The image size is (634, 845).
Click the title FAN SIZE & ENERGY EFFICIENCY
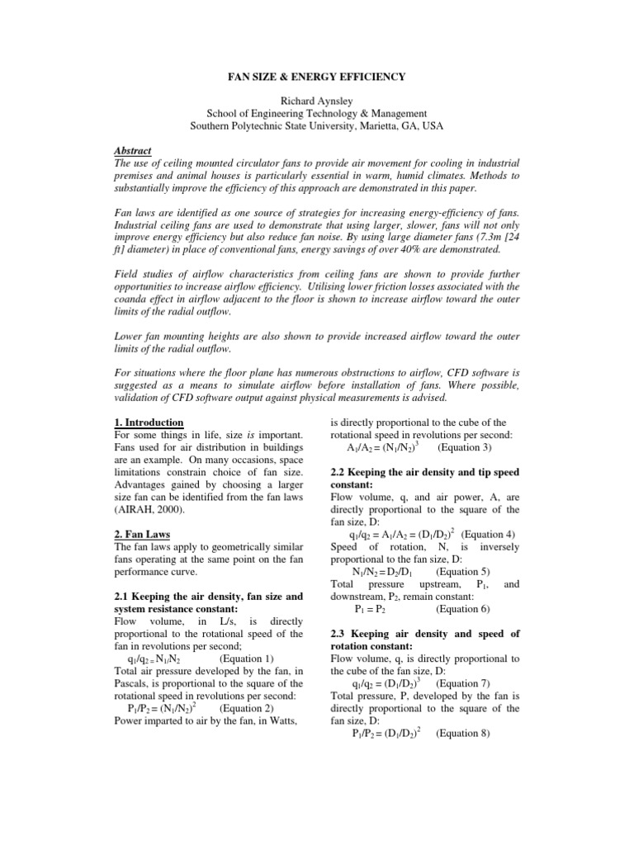click(317, 77)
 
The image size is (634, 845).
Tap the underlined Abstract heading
click(132, 152)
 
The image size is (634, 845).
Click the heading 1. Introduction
click(148, 422)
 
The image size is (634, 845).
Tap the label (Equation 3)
click(465, 448)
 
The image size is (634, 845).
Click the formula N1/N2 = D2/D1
click(380, 571)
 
